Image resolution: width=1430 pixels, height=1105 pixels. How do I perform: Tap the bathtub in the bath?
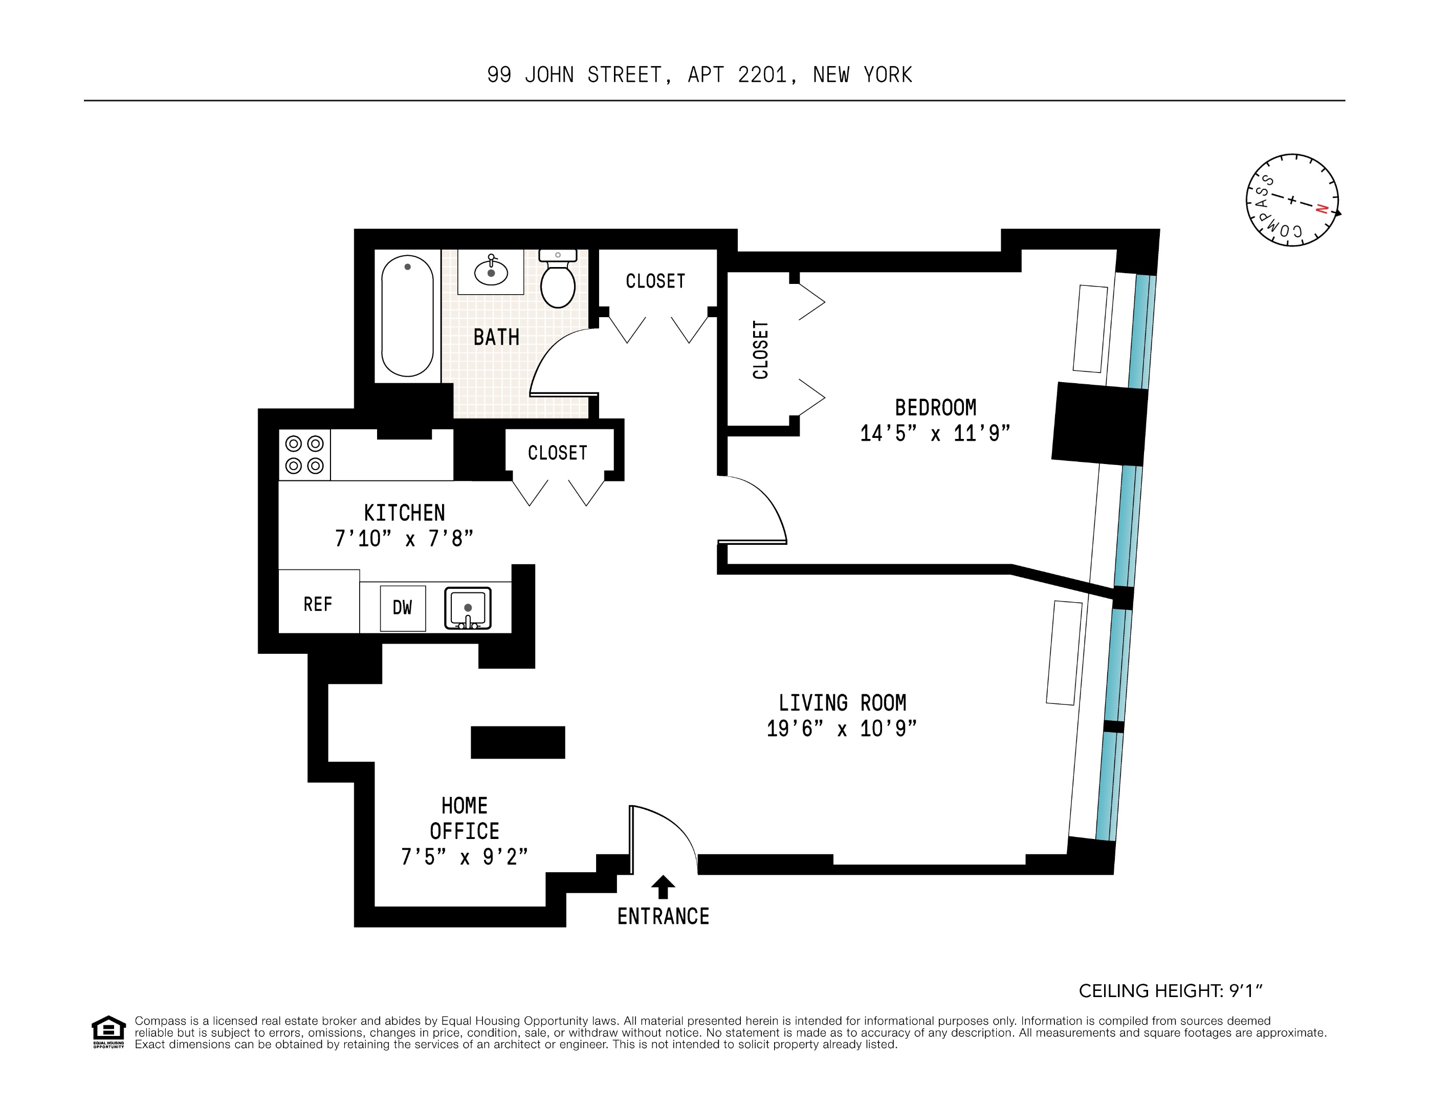point(407,316)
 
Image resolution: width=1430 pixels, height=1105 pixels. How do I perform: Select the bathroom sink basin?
point(491,271)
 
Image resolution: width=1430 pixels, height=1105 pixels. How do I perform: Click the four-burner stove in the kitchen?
point(304,454)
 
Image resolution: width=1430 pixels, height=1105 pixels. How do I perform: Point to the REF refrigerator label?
point(318,604)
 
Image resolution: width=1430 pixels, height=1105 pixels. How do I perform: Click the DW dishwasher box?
point(403,608)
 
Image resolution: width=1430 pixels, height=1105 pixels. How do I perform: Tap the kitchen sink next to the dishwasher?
point(468,608)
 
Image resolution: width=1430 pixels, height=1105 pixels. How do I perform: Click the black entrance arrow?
point(663,887)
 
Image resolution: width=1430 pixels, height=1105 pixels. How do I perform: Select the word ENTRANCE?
point(663,916)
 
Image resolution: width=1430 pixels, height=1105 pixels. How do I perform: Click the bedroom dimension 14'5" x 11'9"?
point(935,433)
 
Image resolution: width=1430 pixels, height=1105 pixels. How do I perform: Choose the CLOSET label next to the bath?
point(655,281)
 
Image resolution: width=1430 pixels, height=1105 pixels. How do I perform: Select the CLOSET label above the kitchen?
point(557,453)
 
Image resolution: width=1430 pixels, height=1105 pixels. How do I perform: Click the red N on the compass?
point(1322,209)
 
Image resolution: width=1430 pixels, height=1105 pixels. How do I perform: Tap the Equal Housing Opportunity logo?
point(108,1032)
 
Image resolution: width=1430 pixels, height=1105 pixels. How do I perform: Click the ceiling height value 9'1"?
point(1245,991)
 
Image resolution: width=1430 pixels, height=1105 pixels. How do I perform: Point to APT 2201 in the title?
point(737,75)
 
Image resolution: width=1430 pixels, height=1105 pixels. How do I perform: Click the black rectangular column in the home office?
point(517,742)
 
